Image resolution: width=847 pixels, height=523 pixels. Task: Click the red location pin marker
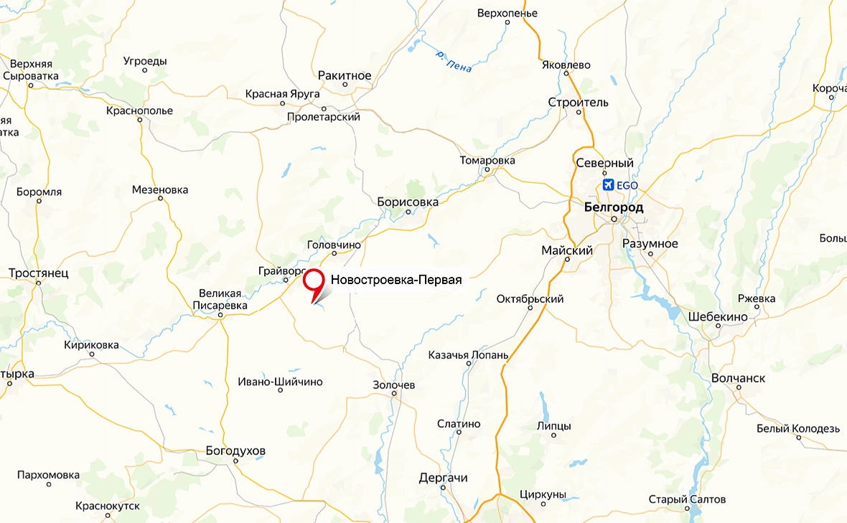pos(314,280)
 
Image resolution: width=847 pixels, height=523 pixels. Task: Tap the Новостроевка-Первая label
pos(396,280)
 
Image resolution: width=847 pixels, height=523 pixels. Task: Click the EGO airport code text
pos(627,185)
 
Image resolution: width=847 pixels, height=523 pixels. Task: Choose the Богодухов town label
pos(235,451)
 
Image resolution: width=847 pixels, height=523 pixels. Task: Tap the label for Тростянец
pos(38,273)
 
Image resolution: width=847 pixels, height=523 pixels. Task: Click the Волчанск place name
pos(738,378)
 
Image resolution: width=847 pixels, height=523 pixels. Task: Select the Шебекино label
pos(718,316)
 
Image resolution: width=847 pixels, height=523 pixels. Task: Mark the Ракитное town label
pos(345,75)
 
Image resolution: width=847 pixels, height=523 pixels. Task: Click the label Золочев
pos(393,385)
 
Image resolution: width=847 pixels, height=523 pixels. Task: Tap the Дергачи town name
pos(443,478)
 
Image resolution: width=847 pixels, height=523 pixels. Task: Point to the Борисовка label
pos(408,202)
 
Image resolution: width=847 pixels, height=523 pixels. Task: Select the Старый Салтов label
pos(687,499)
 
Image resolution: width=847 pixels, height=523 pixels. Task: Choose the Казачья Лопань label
pos(468,354)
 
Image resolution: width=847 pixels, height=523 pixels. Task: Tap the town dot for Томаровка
pos(487,170)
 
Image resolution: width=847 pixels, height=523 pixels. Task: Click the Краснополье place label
pos(139,110)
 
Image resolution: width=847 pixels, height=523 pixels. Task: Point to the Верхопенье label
pos(507,13)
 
